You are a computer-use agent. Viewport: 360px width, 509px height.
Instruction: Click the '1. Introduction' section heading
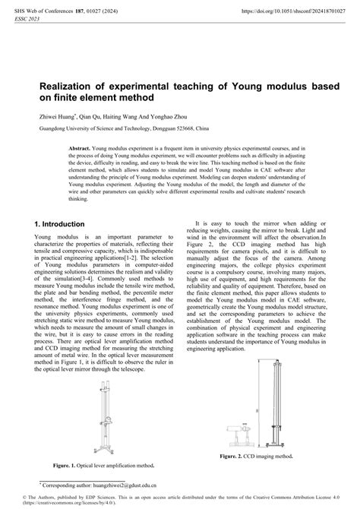pyautogui.click(x=59, y=225)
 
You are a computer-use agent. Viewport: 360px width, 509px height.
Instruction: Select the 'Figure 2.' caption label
pyautogui.click(x=232, y=457)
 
